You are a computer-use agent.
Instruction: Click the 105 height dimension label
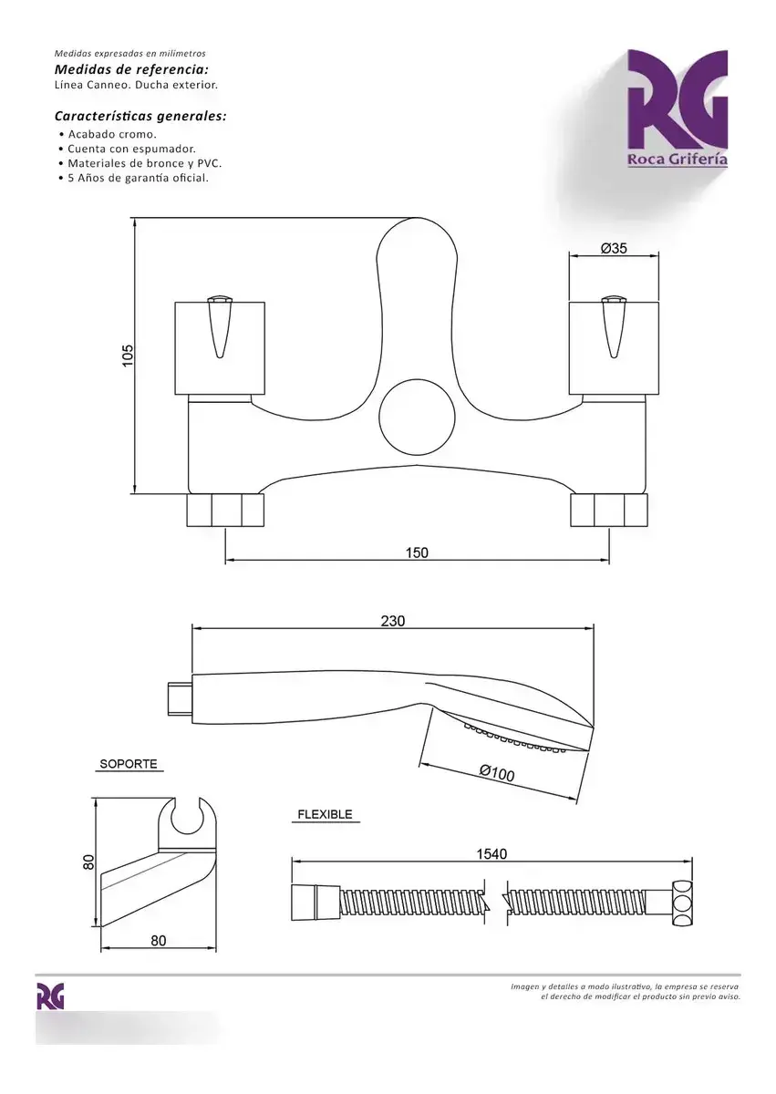pos(128,356)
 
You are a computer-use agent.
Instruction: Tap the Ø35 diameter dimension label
pos(614,248)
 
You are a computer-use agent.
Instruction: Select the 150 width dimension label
pos(417,552)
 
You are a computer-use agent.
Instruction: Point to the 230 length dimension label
pos(393,621)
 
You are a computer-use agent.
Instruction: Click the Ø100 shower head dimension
pos(497,773)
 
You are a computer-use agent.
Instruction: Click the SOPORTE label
pos(129,764)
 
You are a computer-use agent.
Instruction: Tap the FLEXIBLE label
pos(325,815)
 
